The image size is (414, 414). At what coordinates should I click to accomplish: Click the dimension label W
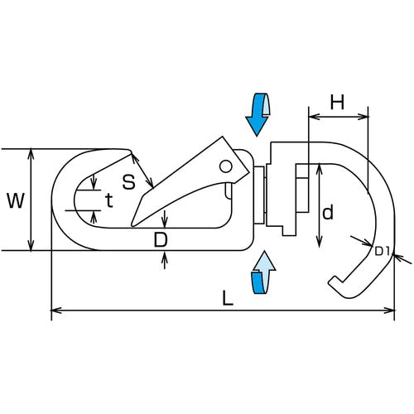click(16, 200)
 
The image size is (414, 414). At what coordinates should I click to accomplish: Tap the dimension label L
click(228, 298)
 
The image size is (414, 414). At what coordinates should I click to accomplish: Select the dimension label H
click(337, 102)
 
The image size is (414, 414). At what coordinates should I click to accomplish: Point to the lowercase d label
click(328, 212)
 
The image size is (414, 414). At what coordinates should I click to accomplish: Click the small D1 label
click(382, 252)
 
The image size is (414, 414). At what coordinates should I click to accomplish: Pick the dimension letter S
click(128, 182)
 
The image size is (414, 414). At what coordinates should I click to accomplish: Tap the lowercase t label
click(109, 200)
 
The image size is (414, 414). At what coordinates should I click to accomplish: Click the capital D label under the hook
click(161, 239)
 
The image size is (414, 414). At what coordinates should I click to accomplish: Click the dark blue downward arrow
click(258, 114)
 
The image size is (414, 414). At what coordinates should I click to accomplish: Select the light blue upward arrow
click(263, 272)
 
